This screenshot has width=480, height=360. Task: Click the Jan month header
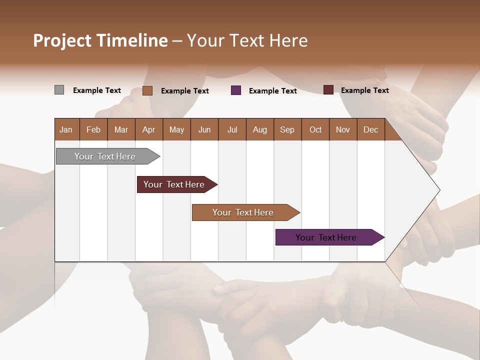pyautogui.click(x=66, y=129)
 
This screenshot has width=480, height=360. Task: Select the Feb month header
pyautogui.click(x=93, y=129)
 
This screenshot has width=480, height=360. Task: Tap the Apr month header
pyautogui.click(x=148, y=129)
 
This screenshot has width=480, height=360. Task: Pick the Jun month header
pyautogui.click(x=204, y=129)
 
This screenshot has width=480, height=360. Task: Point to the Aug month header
pyautogui.click(x=259, y=129)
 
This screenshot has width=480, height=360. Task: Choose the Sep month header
pyautogui.click(x=287, y=129)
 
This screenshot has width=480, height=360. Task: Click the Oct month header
pyautogui.click(x=315, y=129)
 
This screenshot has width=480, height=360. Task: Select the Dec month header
pyautogui.click(x=370, y=129)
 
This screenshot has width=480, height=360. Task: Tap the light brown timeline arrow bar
pyautogui.click(x=243, y=212)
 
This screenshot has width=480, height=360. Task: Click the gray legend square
pyautogui.click(x=59, y=90)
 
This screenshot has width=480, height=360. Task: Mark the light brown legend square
pyautogui.click(x=147, y=90)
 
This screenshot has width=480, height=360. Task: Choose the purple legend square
pyautogui.click(x=236, y=90)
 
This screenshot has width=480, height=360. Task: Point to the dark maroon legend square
pyautogui.click(x=328, y=90)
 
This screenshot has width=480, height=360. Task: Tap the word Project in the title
pyautogui.click(x=62, y=40)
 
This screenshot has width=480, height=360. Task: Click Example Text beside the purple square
pyautogui.click(x=272, y=91)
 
